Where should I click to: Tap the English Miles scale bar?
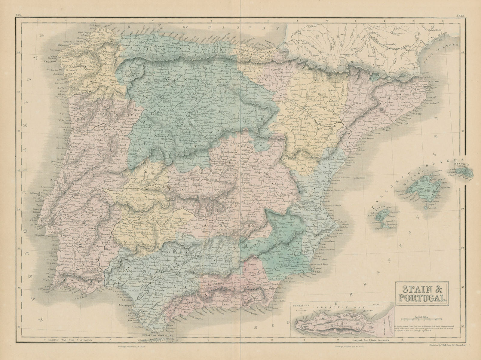(x=429, y=319)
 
